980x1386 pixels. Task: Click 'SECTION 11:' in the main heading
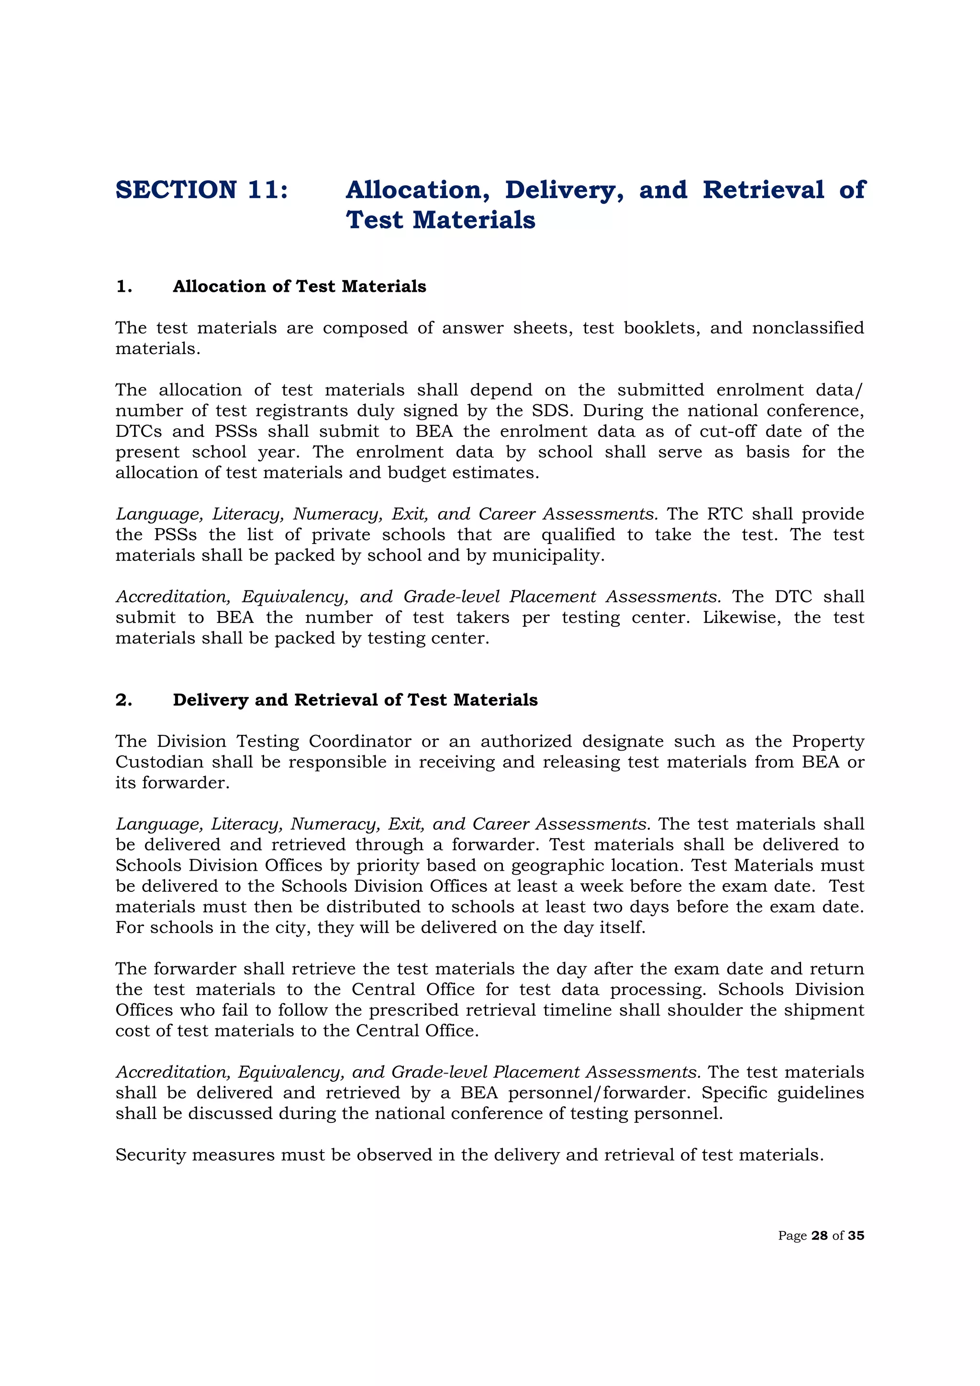[201, 190]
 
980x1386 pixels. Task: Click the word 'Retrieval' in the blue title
[763, 190]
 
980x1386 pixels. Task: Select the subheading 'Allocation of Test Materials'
[299, 286]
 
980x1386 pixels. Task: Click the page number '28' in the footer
[819, 1236]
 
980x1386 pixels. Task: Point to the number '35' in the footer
[856, 1236]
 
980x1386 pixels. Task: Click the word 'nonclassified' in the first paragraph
[808, 328]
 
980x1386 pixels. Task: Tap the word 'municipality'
[548, 556]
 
